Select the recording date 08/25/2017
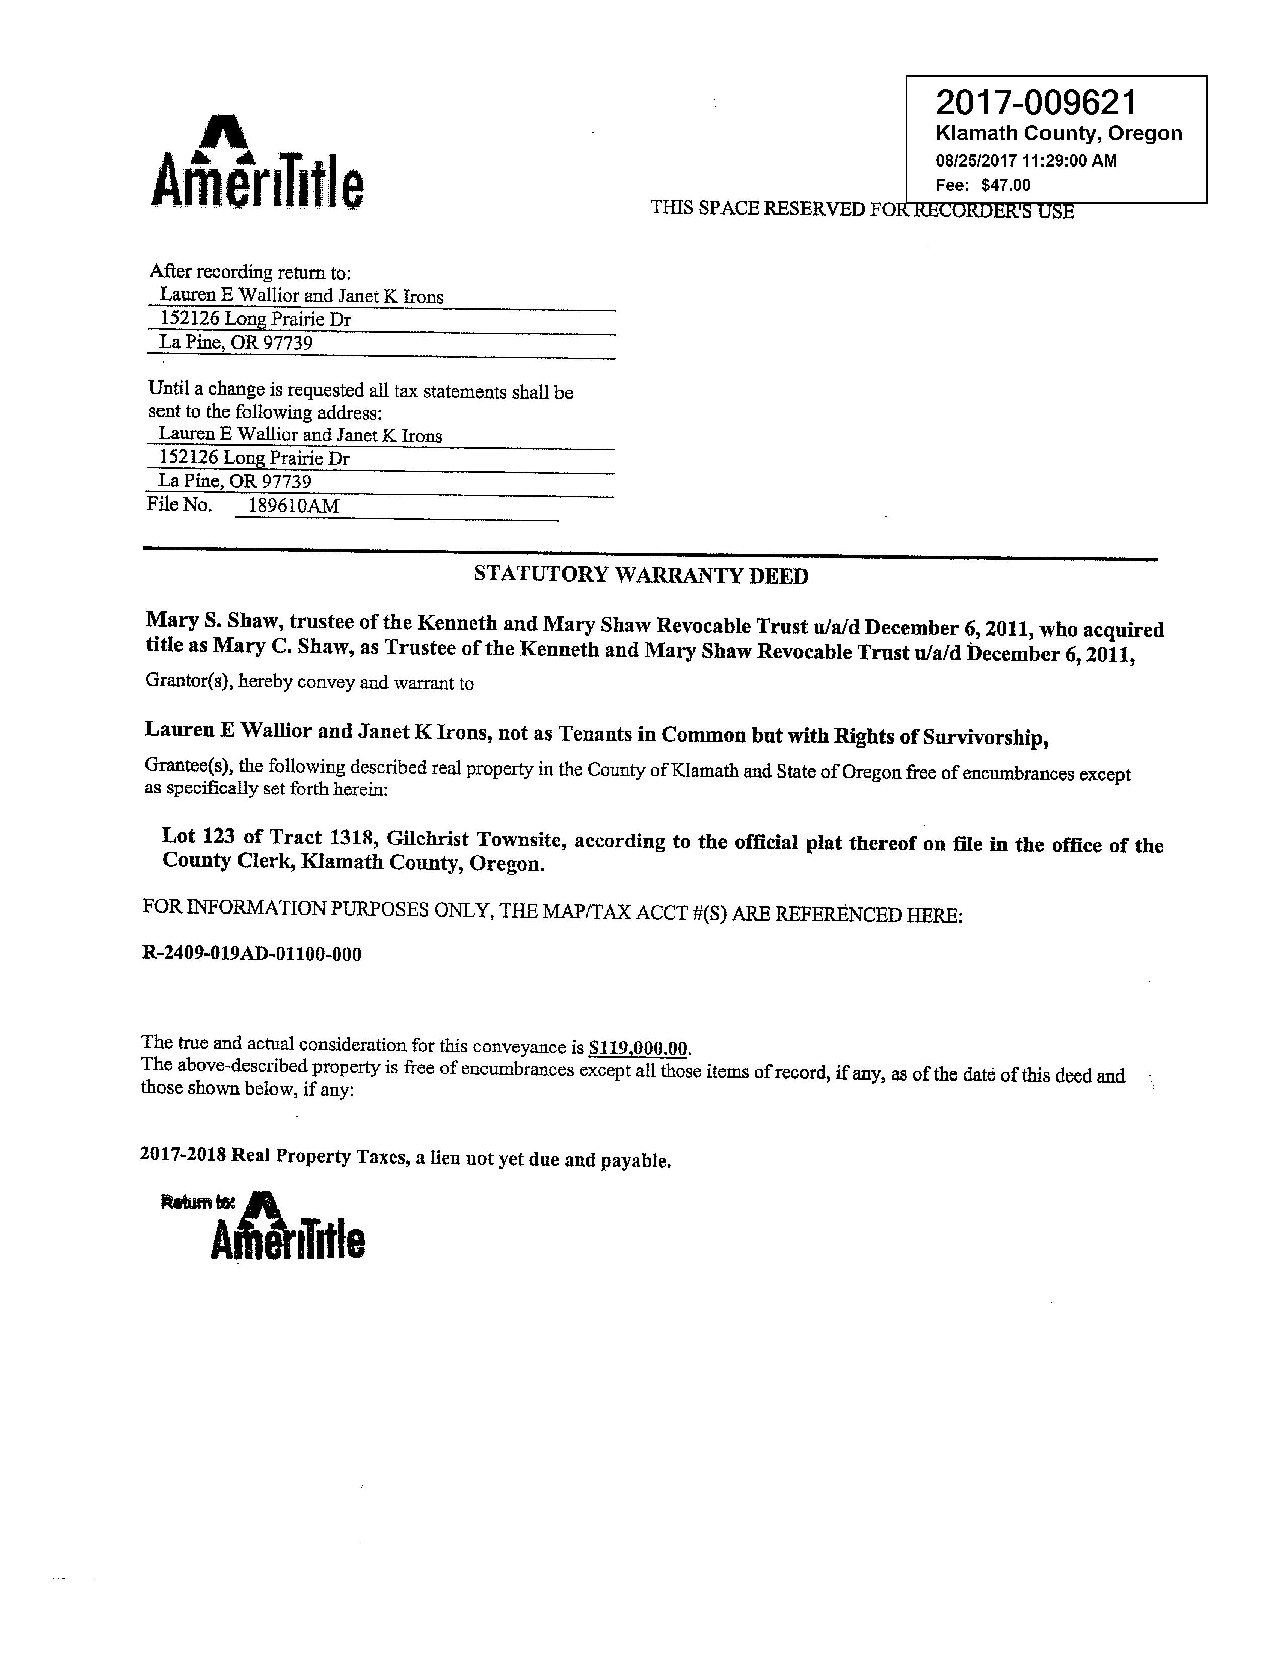click(976, 160)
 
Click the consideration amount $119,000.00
click(638, 1049)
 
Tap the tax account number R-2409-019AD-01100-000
click(252, 954)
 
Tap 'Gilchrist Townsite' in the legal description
click(475, 839)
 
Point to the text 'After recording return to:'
click(250, 271)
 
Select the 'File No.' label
click(180, 505)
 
